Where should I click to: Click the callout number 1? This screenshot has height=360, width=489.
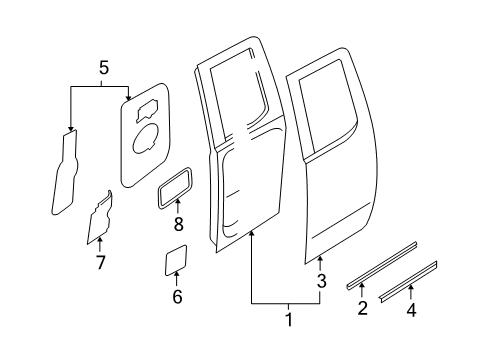coord(289,320)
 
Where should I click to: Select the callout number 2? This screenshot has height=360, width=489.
coord(363,307)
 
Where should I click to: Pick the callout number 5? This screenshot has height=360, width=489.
coord(101,68)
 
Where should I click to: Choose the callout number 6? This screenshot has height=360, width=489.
coord(177,296)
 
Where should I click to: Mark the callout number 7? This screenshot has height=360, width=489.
coord(99,263)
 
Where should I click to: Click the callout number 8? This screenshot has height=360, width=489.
coord(177,225)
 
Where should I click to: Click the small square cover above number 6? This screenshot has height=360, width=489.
coord(177,259)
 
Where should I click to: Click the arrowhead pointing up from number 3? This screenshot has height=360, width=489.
coord(320,261)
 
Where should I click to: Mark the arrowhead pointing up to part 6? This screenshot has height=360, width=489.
coord(177,277)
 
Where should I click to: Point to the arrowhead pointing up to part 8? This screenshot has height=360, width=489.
coord(177,205)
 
